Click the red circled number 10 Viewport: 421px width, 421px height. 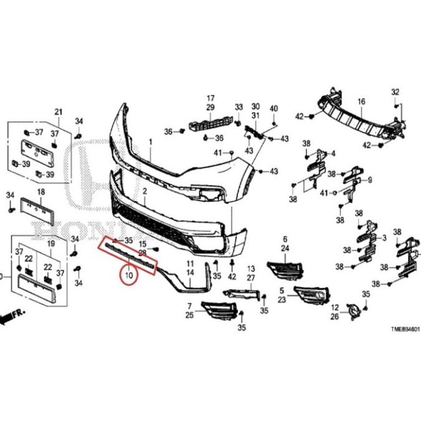tap(130, 275)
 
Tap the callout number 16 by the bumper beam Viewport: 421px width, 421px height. tap(361, 101)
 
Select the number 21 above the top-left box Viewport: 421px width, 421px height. tap(59, 112)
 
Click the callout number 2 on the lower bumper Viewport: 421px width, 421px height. tap(144, 193)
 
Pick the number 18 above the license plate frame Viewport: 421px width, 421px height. tap(40, 192)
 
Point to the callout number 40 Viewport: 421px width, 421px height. tap(273, 110)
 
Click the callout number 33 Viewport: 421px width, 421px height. tap(239, 108)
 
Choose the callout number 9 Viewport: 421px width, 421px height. tap(370, 181)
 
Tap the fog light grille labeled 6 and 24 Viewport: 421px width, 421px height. tap(286, 270)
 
